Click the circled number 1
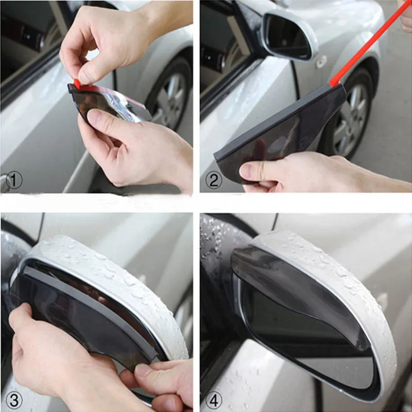[x=15, y=180]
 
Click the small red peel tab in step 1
[x=77, y=83]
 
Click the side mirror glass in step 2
[x=286, y=36]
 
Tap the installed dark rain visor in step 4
[x=299, y=288]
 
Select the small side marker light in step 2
[x=321, y=62]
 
